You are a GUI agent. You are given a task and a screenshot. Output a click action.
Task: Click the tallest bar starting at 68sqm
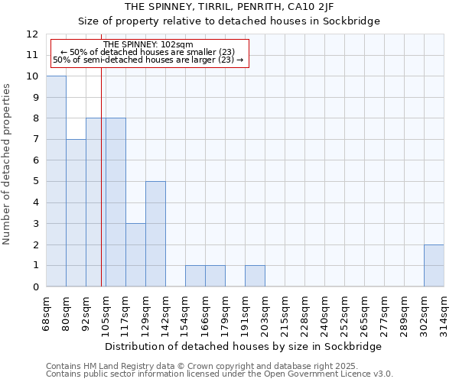tap(56, 181)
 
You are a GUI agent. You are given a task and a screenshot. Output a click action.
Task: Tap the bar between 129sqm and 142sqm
tap(155, 234)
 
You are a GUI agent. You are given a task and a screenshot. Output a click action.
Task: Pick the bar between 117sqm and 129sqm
tap(135, 255)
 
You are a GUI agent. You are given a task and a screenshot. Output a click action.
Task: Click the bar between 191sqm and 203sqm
tap(255, 276)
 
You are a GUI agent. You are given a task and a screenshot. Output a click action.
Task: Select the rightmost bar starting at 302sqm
tap(434, 266)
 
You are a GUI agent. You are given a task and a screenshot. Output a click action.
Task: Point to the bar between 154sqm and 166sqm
tap(195, 276)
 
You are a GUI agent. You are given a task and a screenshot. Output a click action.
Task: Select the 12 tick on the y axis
tap(32, 34)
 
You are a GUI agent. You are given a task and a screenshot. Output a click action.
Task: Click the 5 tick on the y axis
tap(35, 182)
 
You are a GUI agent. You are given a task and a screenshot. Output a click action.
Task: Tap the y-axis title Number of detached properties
tap(8, 160)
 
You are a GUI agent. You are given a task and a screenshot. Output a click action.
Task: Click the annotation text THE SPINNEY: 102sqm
tap(148, 45)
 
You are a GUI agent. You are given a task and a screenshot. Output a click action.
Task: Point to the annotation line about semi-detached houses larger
tap(148, 60)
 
